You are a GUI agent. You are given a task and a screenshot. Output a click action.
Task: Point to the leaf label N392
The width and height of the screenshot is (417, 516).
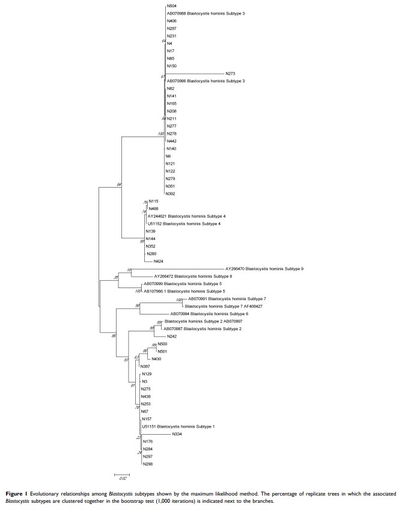[171, 194]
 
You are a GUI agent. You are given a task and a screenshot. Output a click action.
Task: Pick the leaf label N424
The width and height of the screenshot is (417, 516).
[158, 261]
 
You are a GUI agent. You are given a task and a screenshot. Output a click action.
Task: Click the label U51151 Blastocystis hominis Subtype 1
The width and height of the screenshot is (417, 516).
[177, 426]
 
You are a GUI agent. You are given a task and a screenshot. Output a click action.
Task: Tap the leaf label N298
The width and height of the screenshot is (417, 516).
[147, 464]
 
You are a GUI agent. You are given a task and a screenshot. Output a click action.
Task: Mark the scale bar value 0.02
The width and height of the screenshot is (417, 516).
[123, 478]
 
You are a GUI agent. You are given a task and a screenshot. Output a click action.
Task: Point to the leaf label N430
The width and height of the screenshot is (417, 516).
[156, 358]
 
